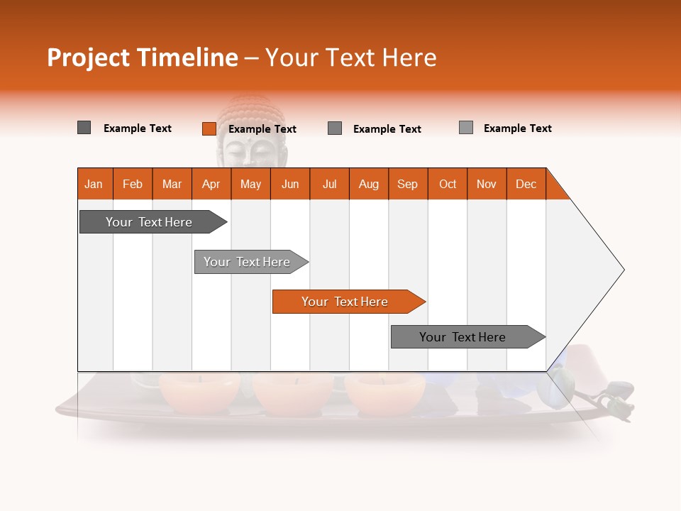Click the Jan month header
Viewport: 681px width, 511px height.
click(x=94, y=184)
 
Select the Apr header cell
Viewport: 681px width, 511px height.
click(x=211, y=184)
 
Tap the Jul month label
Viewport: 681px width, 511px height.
click(x=329, y=184)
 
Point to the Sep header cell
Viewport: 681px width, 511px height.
click(x=407, y=184)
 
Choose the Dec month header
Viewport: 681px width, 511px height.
click(x=526, y=184)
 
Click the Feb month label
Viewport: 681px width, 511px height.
click(x=133, y=184)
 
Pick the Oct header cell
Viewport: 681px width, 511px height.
click(x=448, y=184)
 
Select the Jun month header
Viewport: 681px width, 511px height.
click(x=290, y=184)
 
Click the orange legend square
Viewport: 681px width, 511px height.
click(x=209, y=128)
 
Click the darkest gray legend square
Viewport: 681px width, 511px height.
click(x=84, y=128)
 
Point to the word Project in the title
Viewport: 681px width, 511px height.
click(x=89, y=57)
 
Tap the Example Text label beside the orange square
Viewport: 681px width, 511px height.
click(x=262, y=129)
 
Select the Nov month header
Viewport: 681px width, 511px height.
click(x=487, y=184)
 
